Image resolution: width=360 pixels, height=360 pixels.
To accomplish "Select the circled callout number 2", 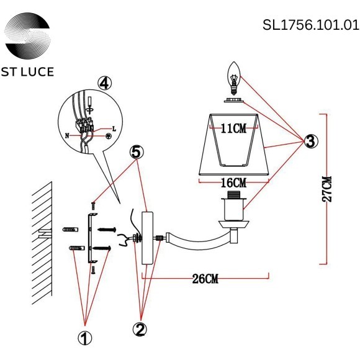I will (x=141, y=328).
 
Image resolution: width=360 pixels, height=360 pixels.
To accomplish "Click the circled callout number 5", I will (x=137, y=152).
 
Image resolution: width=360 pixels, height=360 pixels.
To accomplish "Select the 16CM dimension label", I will (x=233, y=182).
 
